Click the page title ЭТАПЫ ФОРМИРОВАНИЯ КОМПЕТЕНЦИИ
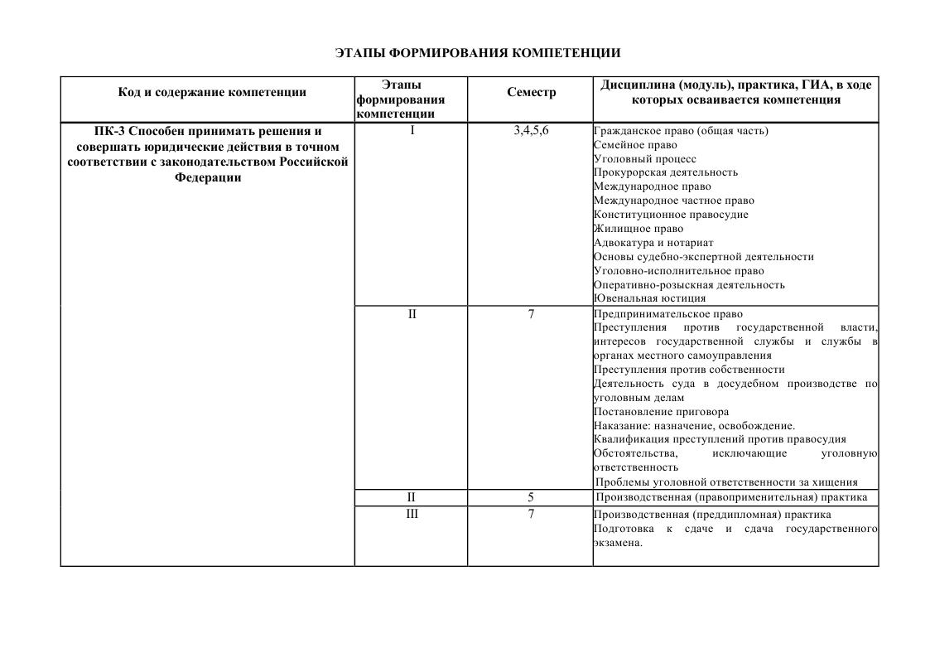(478, 53)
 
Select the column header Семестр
(531, 92)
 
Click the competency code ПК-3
(111, 131)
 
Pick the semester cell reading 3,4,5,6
(531, 131)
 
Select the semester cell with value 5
(531, 497)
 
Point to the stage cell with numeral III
(411, 515)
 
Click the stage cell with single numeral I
(411, 131)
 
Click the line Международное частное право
(674, 201)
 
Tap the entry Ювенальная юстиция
(650, 298)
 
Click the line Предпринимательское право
(668, 314)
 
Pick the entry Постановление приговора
(662, 412)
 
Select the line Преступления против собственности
(689, 370)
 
